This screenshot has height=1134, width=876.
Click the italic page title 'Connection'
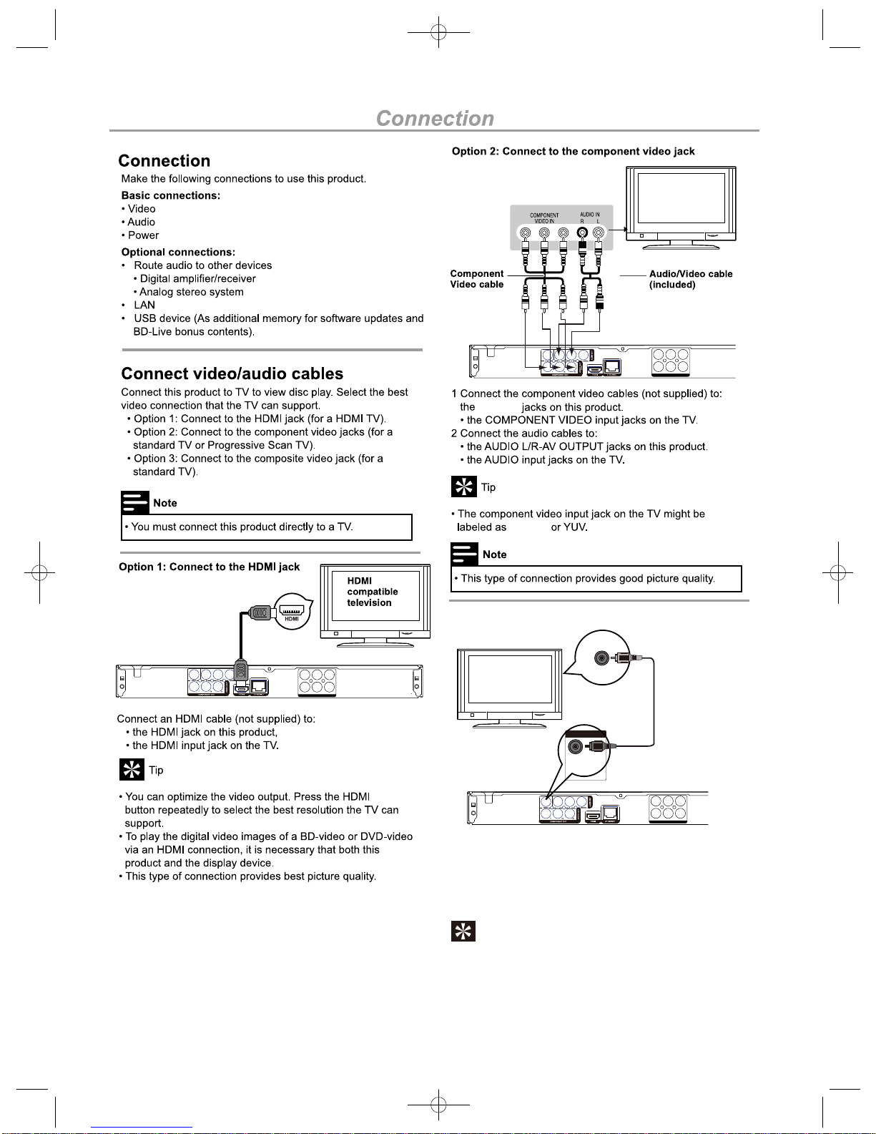click(x=435, y=118)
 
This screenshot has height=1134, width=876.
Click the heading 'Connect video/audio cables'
click(x=232, y=373)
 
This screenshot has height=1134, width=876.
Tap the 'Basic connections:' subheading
click(x=171, y=195)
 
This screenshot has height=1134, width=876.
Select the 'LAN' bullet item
click(x=144, y=305)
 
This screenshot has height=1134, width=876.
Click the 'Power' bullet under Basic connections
click(x=143, y=235)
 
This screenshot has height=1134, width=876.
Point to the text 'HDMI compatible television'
click(x=372, y=592)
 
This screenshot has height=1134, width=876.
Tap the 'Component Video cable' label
click(x=477, y=279)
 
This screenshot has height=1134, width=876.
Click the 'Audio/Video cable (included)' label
click(x=690, y=279)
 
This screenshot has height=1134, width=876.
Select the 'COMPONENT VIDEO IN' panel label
click(x=544, y=218)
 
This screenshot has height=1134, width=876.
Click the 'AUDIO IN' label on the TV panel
click(x=590, y=215)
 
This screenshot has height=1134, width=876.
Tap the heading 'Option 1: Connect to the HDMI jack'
click(x=210, y=567)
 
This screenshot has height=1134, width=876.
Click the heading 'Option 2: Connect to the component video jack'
click(x=573, y=151)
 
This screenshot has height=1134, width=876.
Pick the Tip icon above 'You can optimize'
click(x=132, y=770)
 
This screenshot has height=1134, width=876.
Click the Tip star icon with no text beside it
click(x=463, y=931)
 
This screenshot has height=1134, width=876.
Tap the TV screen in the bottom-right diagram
click(x=509, y=680)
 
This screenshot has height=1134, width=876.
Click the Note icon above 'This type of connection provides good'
click(x=464, y=554)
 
